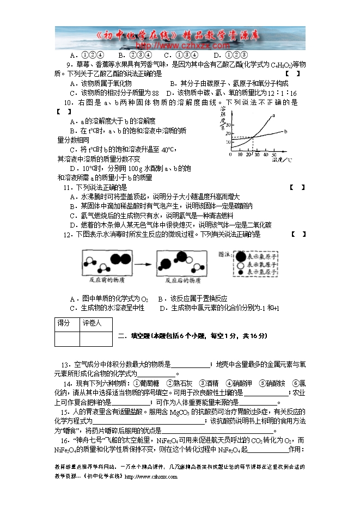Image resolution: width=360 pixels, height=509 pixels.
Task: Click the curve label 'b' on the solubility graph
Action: tap(285, 131)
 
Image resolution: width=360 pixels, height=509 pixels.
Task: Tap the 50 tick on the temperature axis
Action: tap(274, 155)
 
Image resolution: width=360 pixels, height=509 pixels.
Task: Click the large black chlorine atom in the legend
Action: tap(240, 255)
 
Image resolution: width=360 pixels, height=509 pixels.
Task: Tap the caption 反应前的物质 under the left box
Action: tap(107, 280)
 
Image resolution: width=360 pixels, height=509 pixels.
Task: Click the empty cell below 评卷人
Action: tap(95, 339)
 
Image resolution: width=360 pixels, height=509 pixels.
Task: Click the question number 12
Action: tap(68, 235)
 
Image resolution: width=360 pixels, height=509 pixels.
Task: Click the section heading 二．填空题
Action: tap(136, 336)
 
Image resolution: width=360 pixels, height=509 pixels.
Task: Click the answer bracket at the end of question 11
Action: tap(297, 187)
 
